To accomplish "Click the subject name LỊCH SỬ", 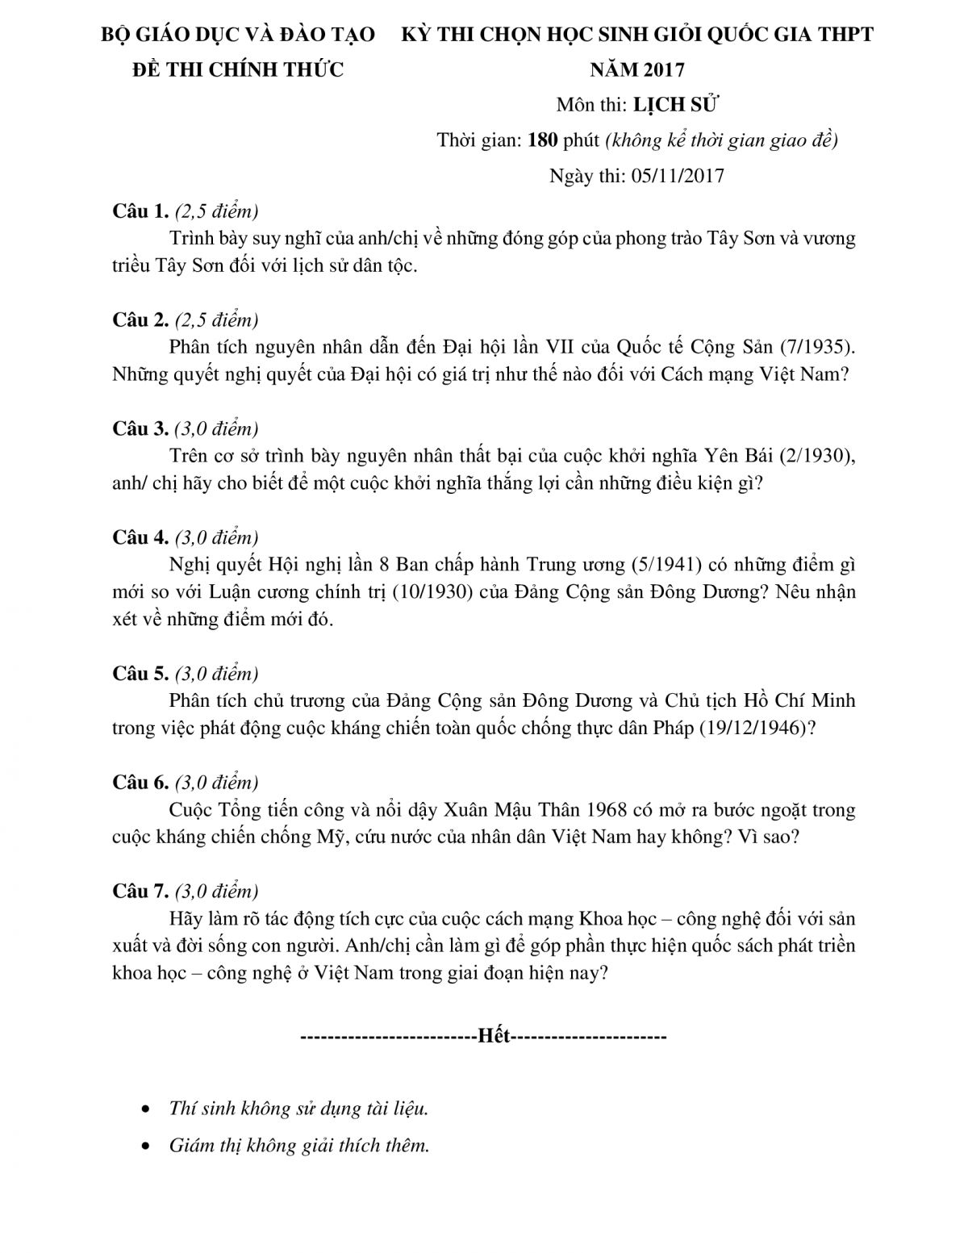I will pyautogui.click(x=676, y=105).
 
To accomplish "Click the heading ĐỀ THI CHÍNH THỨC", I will pyautogui.click(x=237, y=70).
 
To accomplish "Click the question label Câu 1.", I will pyautogui.click(x=140, y=211).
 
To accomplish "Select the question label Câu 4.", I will pyautogui.click(x=140, y=537).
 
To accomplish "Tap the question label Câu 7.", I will pyautogui.click(x=140, y=891).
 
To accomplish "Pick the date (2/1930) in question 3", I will pyautogui.click(x=816, y=456).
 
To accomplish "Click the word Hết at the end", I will pyautogui.click(x=494, y=1036).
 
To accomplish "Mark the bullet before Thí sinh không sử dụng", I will pyautogui.click(x=145, y=1109).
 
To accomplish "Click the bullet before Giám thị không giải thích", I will pyautogui.click(x=145, y=1146).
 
